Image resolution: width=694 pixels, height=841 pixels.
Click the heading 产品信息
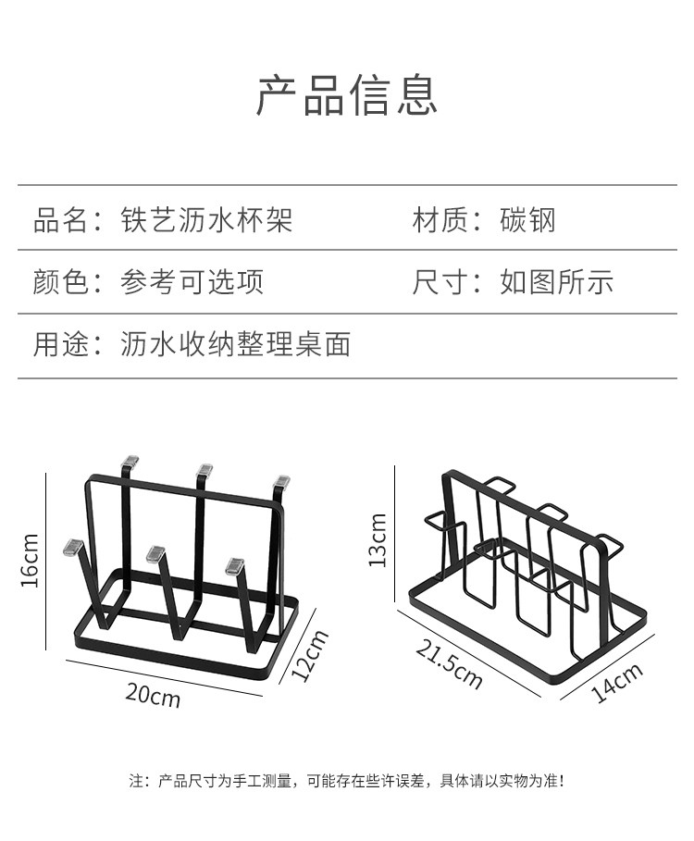pos(346,95)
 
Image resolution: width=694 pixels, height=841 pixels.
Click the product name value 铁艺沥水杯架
pos(206,221)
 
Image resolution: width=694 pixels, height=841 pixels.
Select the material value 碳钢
pos(527,221)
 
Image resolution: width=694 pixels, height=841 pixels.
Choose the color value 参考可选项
pos(192,282)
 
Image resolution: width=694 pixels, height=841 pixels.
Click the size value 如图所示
pos(557,282)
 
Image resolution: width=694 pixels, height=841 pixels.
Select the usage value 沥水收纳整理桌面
pos(235,345)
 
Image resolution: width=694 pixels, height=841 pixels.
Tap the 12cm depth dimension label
pos(310,655)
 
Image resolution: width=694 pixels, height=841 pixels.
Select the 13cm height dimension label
pos(378,540)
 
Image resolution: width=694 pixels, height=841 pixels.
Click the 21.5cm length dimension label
pos(449,663)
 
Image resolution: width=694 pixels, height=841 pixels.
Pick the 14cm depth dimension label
pos(616,684)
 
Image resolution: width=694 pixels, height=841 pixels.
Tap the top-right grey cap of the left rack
pos(281,480)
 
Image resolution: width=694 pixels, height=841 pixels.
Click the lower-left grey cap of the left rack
pos(70,547)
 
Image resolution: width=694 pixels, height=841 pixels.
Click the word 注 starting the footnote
pos(135,782)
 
